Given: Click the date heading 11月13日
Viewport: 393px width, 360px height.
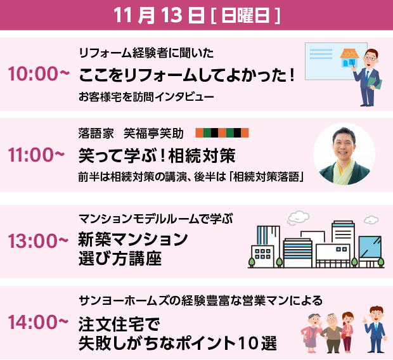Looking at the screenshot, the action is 159,15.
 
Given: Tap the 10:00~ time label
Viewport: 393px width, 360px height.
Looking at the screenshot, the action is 39,74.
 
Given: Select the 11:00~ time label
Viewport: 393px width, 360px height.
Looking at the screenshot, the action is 37,155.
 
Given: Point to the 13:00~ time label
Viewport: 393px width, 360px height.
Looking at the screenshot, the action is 38,241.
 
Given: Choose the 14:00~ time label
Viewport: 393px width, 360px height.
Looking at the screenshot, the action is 38,322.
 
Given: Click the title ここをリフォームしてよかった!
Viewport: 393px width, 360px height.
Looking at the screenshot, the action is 186,75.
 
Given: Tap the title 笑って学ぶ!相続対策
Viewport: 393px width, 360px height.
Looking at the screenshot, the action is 157,155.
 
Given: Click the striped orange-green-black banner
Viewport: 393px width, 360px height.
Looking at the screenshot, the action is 222,132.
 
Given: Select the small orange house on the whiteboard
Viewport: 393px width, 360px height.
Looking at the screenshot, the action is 349,58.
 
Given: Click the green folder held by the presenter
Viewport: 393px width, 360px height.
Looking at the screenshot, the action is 377,83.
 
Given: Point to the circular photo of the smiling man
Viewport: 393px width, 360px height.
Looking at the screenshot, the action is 344,154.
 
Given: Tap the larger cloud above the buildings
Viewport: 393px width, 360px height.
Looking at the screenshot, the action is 298,217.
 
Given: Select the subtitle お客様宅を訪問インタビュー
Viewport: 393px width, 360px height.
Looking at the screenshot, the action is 146,97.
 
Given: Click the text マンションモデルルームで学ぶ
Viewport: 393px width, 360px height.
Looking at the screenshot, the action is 156,219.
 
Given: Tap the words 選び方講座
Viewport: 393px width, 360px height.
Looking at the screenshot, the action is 120,259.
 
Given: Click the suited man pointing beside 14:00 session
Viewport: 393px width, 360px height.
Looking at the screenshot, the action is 375,329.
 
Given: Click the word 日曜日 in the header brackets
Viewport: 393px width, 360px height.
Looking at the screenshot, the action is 245,15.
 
